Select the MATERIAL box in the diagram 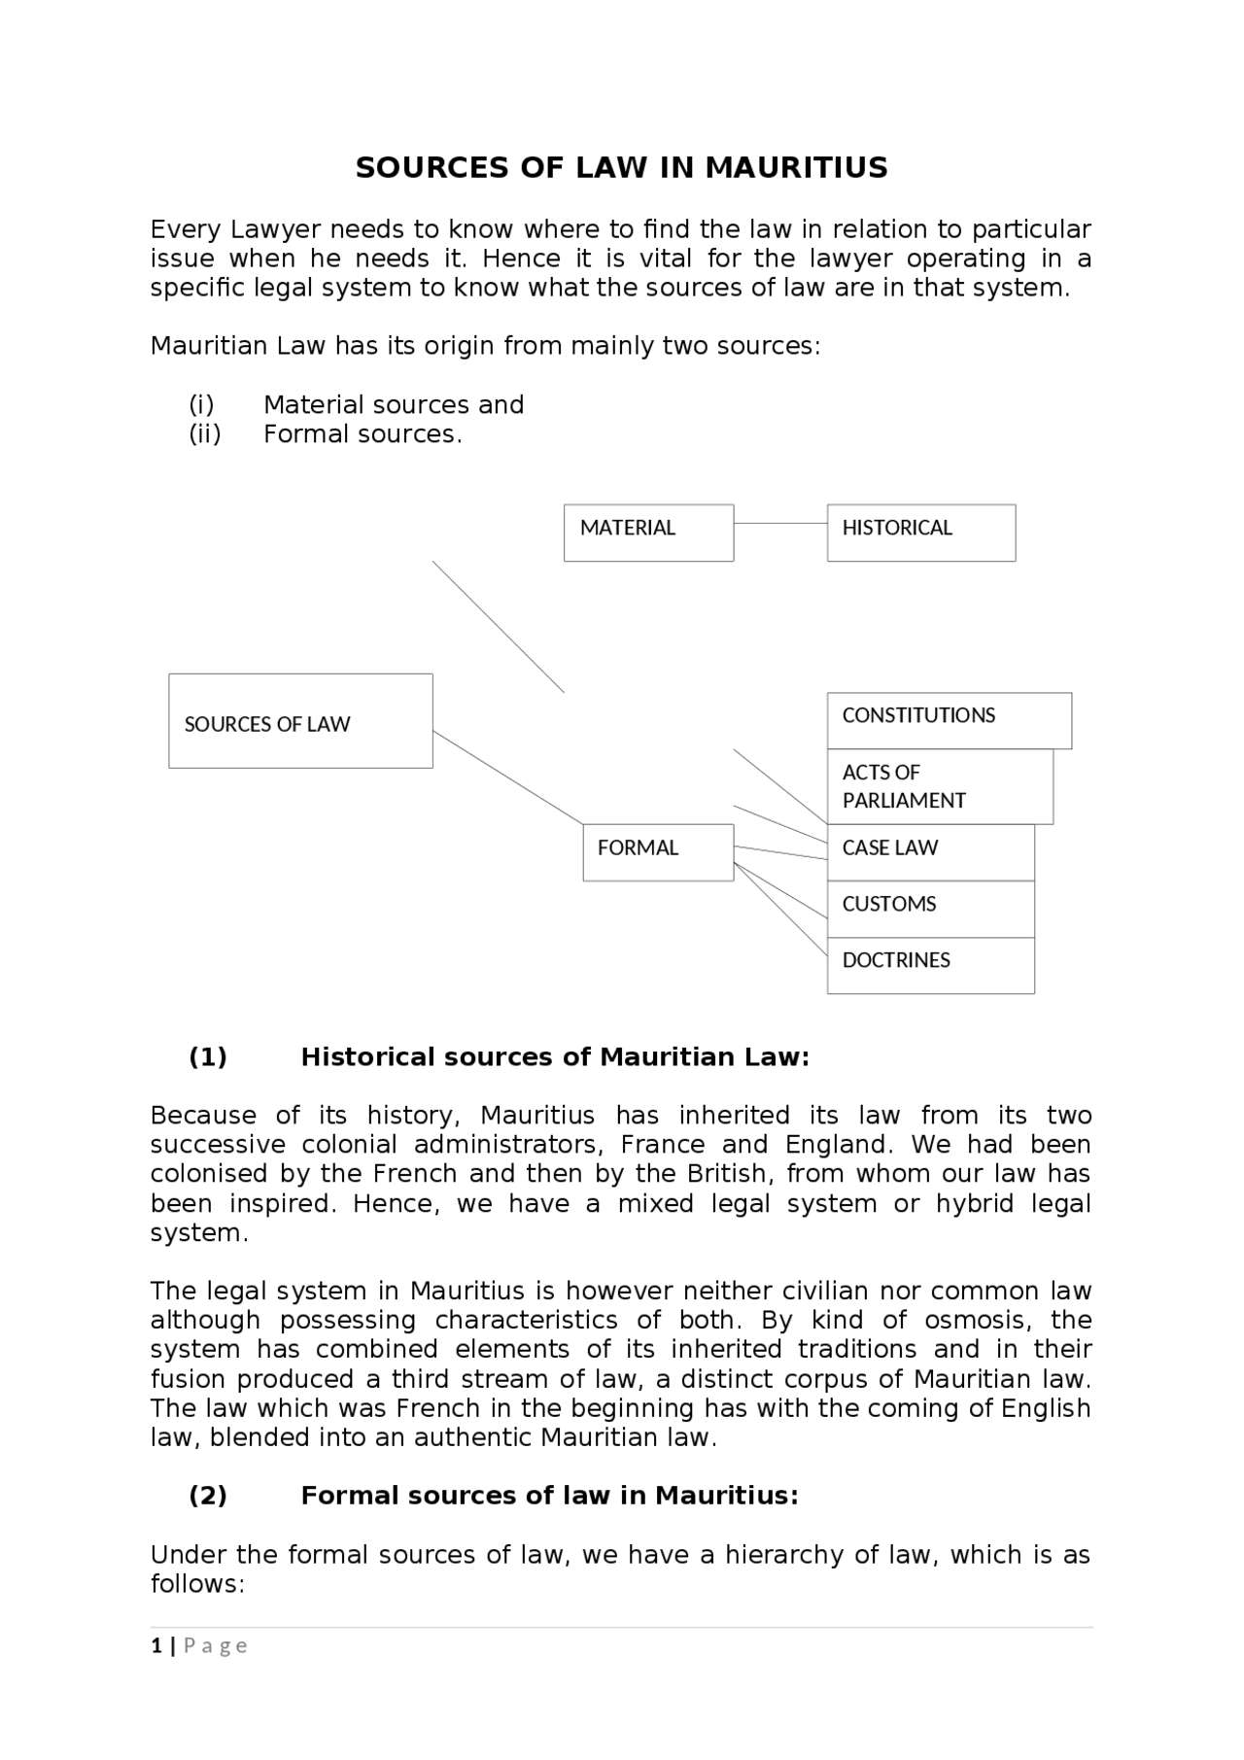point(648,533)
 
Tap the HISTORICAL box point(920,533)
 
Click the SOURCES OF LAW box point(300,721)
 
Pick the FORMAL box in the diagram point(658,852)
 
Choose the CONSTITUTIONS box point(949,720)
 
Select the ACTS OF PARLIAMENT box point(939,786)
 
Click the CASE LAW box point(930,852)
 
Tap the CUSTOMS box point(930,909)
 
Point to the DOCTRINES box point(930,965)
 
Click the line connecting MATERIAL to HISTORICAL point(780,523)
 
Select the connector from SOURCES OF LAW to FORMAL point(507,777)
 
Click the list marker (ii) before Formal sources point(205,434)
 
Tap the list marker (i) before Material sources point(201,405)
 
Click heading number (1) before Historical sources point(208,1057)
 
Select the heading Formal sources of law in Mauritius point(549,1496)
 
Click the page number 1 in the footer point(155,1645)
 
